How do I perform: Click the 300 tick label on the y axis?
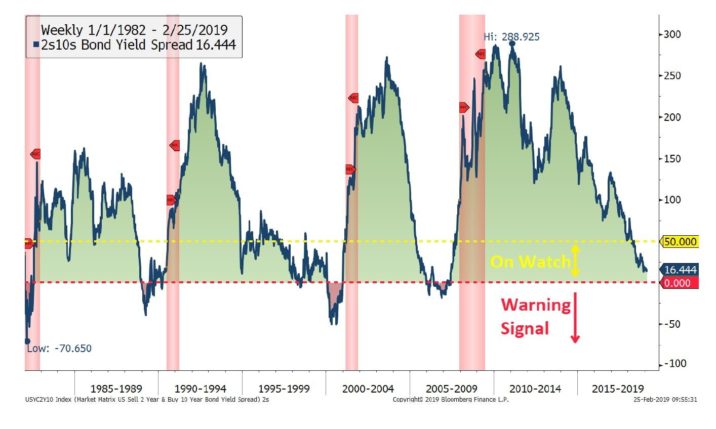[672, 34]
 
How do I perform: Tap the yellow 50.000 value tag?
[680, 242]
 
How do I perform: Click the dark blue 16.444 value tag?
[680, 270]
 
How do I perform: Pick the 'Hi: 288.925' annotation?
[511, 37]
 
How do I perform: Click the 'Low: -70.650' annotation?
[59, 349]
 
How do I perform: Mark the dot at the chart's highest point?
[512, 44]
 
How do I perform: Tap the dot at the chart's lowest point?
[27, 341]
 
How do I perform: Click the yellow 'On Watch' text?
[530, 262]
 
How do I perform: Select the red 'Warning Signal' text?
[535, 316]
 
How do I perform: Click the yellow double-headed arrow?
[575, 261]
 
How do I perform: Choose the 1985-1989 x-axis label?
[116, 389]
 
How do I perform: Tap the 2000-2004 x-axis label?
[368, 389]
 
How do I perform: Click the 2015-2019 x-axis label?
[618, 389]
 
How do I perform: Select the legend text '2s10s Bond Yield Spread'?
[117, 45]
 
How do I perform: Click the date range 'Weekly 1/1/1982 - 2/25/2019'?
[134, 30]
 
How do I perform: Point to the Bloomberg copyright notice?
[451, 400]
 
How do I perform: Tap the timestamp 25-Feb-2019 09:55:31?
[665, 400]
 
